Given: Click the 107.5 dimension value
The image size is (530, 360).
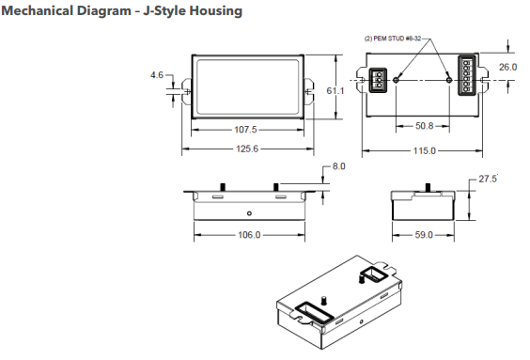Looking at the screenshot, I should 245,131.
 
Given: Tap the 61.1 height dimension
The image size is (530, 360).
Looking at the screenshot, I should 334,90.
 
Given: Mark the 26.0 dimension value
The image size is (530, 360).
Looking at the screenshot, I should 507,68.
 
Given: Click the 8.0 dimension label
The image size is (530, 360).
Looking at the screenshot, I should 339,166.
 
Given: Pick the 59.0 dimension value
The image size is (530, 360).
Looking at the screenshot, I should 423,235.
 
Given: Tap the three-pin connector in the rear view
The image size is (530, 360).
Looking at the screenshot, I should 376,81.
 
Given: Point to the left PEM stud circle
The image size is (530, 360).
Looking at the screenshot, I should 397,82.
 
